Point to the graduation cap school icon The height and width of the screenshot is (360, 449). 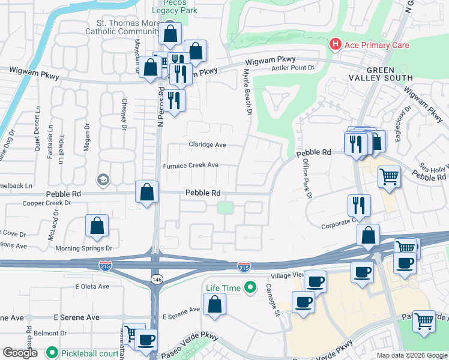(103, 179)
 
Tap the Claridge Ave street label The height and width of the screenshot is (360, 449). (208, 145)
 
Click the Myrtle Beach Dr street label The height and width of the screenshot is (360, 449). (246, 91)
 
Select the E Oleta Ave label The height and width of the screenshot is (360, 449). (92, 287)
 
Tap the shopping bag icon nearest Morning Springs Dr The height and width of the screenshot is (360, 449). (97, 226)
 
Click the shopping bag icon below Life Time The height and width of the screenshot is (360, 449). (215, 304)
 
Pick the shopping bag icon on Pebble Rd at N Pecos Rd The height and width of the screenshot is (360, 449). (146, 193)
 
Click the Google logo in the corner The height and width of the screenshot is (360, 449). (20, 353)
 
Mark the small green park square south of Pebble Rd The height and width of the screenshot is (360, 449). (225, 208)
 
